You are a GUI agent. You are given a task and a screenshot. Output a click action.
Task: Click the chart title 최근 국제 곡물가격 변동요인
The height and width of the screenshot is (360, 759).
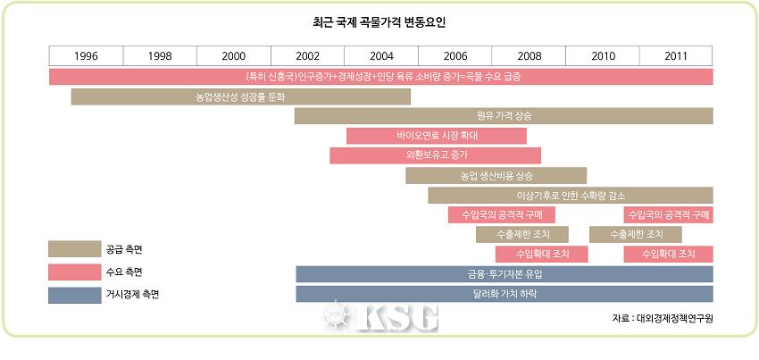(x=379, y=21)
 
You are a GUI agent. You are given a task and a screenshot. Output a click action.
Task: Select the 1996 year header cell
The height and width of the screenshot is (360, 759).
(x=86, y=55)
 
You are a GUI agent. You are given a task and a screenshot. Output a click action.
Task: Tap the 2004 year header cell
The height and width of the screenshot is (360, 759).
(x=381, y=55)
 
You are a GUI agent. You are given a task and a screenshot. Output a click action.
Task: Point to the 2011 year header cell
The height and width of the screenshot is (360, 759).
(x=676, y=55)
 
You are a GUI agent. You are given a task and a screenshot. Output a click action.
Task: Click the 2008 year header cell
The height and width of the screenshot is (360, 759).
(x=529, y=55)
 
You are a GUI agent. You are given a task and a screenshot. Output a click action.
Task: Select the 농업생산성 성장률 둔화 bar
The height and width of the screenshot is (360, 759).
(x=240, y=96)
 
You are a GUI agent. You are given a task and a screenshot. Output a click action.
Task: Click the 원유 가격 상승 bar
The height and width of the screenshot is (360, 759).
(x=504, y=116)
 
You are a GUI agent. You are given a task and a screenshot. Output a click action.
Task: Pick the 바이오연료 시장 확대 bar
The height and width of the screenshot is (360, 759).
(x=437, y=136)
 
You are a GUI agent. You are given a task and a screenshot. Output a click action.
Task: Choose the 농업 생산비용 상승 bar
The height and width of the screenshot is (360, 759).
(x=496, y=175)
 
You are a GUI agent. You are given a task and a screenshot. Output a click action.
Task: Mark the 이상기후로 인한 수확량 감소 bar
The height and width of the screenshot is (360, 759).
(x=571, y=195)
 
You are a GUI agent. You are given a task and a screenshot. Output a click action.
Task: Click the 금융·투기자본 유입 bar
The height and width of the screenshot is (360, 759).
(x=505, y=273)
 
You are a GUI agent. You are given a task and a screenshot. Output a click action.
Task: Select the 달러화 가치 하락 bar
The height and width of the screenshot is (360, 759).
(x=505, y=293)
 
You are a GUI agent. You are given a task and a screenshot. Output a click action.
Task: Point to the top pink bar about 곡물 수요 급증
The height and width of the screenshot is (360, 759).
(x=381, y=77)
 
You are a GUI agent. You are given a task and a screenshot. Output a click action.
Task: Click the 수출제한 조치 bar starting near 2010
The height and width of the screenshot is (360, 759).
(x=636, y=234)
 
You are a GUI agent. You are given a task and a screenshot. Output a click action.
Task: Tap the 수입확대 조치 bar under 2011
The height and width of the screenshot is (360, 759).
(x=668, y=254)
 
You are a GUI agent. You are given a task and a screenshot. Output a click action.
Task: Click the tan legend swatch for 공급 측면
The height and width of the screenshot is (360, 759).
(x=74, y=248)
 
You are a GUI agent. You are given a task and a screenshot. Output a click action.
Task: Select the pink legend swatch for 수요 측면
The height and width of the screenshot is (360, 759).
(x=74, y=271)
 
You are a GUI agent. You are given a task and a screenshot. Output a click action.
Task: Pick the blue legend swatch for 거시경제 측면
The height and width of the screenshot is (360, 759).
(x=74, y=294)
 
